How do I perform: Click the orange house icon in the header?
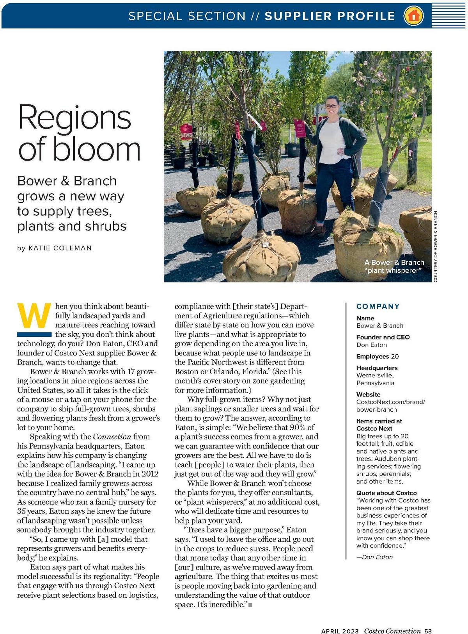pos(413,16)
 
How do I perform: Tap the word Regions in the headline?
pos(74,117)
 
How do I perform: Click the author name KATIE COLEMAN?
pos(60,248)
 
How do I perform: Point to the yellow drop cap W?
pos(34,316)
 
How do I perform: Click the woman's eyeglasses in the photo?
pos(331,106)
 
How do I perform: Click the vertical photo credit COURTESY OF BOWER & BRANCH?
pos(436,246)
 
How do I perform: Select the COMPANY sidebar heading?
pos(378,307)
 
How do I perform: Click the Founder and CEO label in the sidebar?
pos(383,337)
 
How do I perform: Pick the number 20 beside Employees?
pos(395,356)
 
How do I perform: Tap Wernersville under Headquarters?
pos(374,375)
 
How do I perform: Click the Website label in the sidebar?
pos(368,395)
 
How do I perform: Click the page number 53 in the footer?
pos(428,631)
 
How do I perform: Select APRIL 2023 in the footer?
pos(340,631)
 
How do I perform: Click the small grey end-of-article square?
pos(250,605)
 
